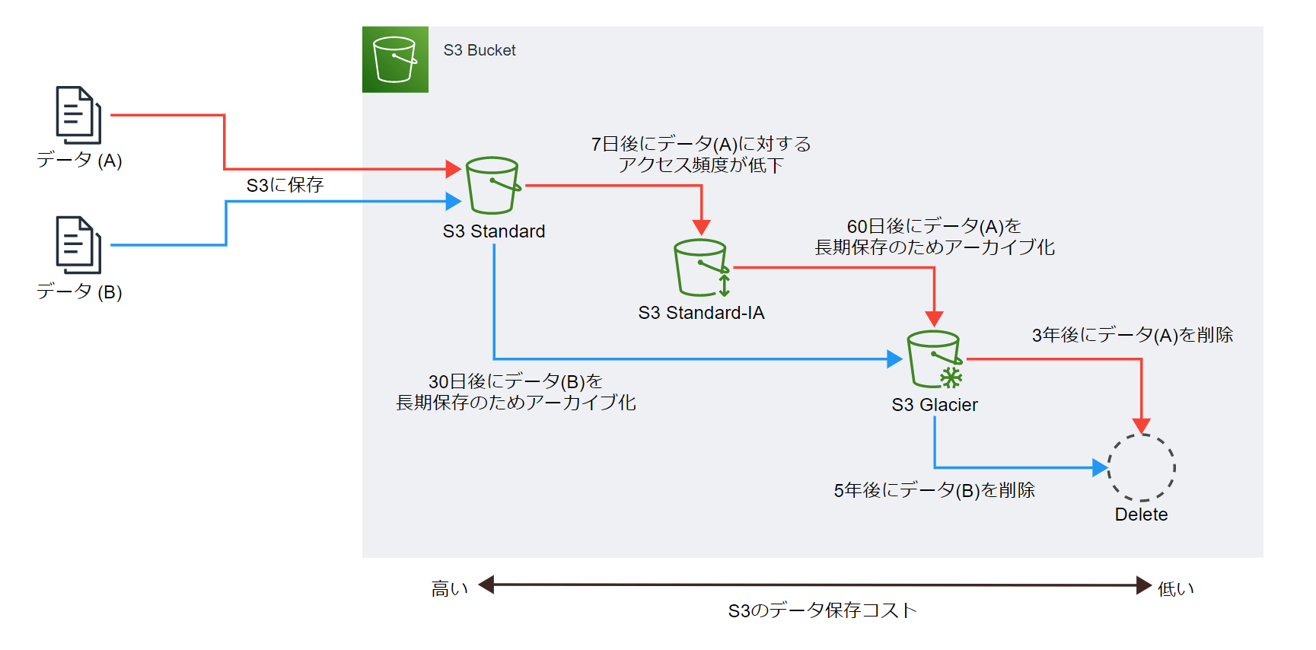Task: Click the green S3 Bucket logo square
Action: point(395,59)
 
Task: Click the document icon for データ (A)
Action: point(78,115)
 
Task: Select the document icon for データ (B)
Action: point(78,245)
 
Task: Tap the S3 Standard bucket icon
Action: point(492,186)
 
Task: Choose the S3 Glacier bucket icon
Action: point(935,359)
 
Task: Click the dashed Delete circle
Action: point(1141,467)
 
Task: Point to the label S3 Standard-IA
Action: point(701,313)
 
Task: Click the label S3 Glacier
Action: point(935,405)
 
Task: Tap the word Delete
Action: point(1141,515)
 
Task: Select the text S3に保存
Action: point(285,185)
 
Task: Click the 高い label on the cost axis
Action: point(449,588)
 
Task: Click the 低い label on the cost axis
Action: point(1175,588)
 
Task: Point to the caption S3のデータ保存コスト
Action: point(822,610)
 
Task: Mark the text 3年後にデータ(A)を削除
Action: point(1132,335)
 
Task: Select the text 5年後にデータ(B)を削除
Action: point(934,490)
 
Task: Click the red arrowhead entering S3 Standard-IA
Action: point(702,228)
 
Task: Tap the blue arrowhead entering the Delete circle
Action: point(1100,467)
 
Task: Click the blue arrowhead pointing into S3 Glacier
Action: point(895,359)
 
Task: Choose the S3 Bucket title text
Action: point(480,50)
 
